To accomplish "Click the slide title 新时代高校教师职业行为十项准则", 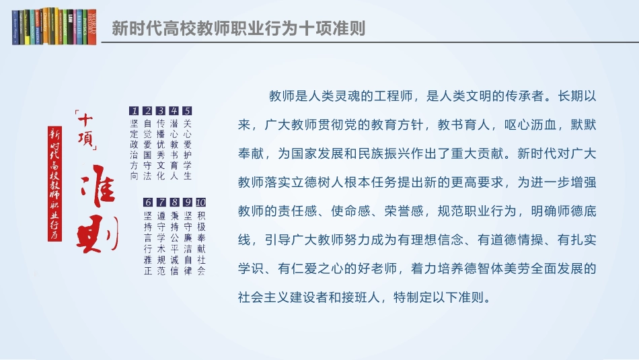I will [x=238, y=28].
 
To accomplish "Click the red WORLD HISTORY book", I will [x=92, y=27].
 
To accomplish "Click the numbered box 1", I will [x=135, y=111].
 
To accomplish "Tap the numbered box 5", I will [x=188, y=111].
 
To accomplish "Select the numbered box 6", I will [x=148, y=202].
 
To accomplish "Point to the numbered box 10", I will [x=200, y=202].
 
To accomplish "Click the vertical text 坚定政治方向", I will [x=135, y=150].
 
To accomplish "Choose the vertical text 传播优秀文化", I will [x=161, y=150].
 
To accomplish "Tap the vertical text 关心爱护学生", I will [x=188, y=150].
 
